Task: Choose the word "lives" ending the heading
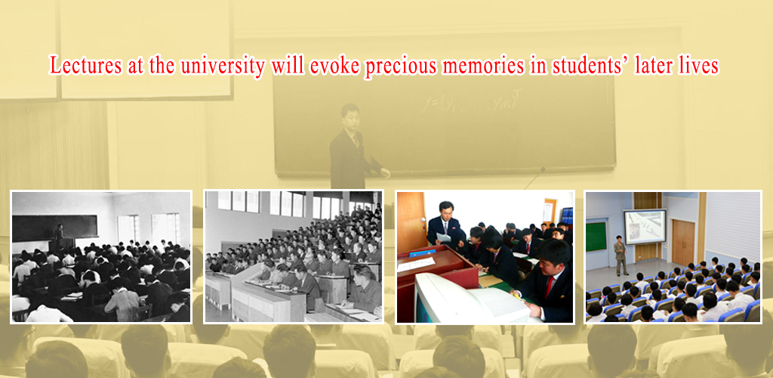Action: [x=698, y=66]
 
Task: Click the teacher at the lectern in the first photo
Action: [x=58, y=234]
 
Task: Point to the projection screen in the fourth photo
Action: [x=643, y=226]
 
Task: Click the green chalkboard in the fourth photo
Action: [x=597, y=235]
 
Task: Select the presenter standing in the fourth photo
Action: [x=621, y=255]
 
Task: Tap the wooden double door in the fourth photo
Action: [x=682, y=242]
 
